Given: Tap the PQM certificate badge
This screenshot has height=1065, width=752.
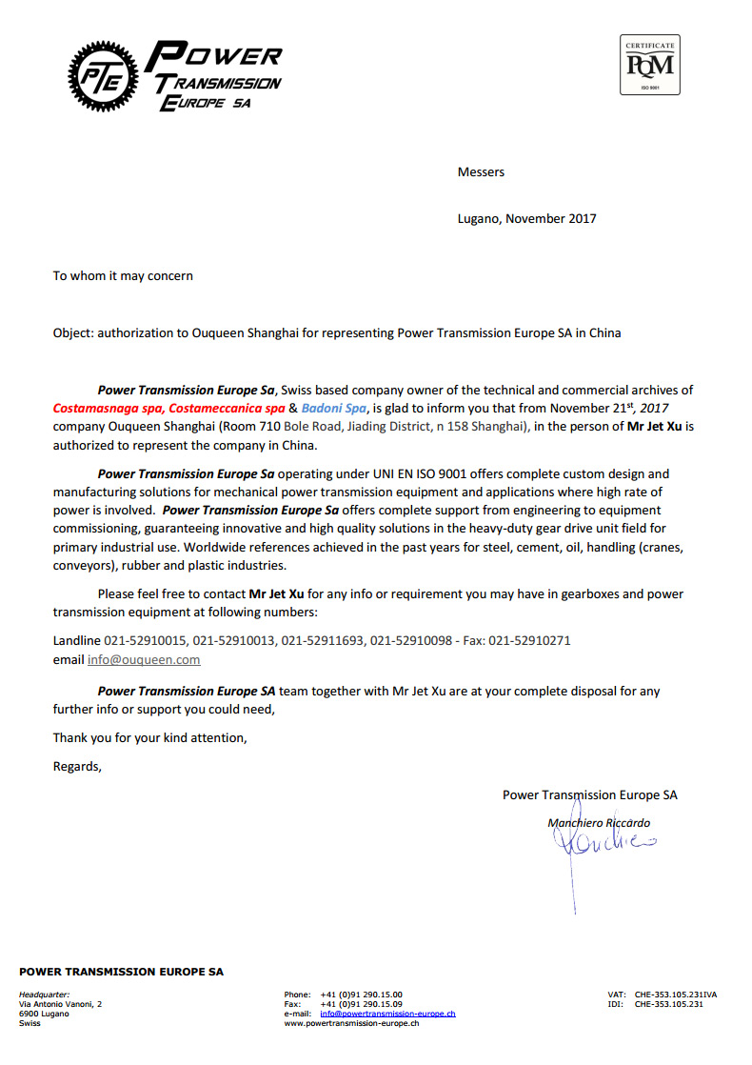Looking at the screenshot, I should pyautogui.click(x=649, y=65).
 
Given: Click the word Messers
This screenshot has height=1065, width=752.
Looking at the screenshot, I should pyautogui.click(x=481, y=172).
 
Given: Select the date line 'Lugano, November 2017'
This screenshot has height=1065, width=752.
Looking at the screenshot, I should pyautogui.click(x=526, y=218).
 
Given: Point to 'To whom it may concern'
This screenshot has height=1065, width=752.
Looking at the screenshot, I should pyautogui.click(x=123, y=276).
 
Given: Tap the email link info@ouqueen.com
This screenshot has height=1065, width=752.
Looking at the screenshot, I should pyautogui.click(x=144, y=659).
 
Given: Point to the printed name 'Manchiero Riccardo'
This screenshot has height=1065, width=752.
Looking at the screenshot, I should pyautogui.click(x=599, y=822).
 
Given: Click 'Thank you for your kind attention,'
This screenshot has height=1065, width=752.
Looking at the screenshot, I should pyautogui.click(x=149, y=737).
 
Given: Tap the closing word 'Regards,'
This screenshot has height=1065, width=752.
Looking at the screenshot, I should pyautogui.click(x=77, y=766).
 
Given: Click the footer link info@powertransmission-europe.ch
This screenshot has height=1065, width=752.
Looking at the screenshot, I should pyautogui.click(x=387, y=1014).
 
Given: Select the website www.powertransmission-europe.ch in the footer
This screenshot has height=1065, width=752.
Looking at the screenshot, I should pyautogui.click(x=351, y=1023).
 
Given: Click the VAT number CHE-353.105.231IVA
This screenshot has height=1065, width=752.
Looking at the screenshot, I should pyautogui.click(x=676, y=995).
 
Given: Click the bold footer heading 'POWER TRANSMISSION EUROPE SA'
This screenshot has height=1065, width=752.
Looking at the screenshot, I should pyautogui.click(x=122, y=972).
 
